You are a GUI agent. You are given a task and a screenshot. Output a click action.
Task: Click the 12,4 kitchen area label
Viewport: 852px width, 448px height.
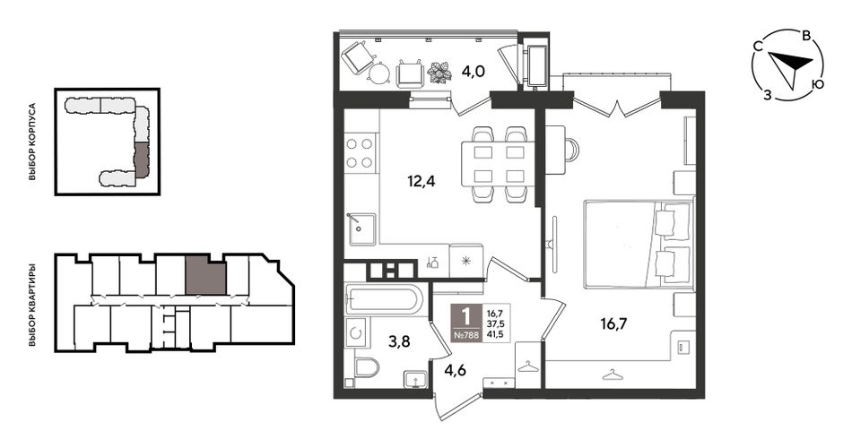422,181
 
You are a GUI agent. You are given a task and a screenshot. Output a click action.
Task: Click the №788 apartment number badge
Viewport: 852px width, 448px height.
466,335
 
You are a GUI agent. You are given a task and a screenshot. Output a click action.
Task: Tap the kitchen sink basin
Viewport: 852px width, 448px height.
361,229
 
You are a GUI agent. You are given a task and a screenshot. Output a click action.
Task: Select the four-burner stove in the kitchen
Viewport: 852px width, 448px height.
360,152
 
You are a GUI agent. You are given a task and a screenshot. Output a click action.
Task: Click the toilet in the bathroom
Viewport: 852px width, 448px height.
367,367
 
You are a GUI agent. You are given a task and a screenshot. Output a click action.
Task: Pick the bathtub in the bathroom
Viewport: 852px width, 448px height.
384,299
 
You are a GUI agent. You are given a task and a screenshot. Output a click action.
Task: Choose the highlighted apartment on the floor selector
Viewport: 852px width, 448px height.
205,275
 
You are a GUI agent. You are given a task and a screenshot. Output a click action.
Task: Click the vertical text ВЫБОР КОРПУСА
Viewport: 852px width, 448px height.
32,142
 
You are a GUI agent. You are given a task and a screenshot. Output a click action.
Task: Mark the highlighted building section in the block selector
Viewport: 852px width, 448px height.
141,159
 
